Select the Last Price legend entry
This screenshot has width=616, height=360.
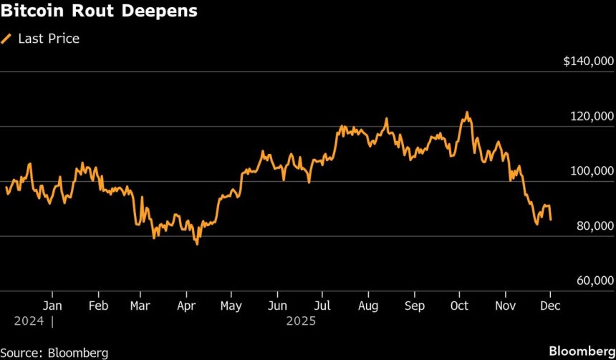point(48,39)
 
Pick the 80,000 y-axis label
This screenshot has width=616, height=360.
point(594,226)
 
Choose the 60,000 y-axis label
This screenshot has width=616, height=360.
point(594,281)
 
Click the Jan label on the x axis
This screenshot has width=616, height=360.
point(52,305)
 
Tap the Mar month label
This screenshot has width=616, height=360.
point(140,305)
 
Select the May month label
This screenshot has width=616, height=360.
point(231,305)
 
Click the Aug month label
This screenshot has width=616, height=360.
point(368,305)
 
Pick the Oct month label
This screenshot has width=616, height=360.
point(459,305)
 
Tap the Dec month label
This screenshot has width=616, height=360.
point(551,305)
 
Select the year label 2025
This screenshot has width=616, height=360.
point(301,321)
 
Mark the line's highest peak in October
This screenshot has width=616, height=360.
point(467,112)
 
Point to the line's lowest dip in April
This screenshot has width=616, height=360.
point(197,244)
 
